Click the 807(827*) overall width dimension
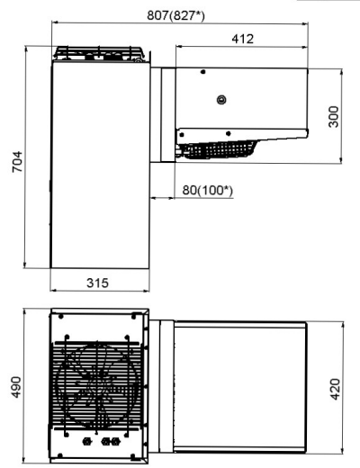click(x=175, y=15)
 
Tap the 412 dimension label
click(x=243, y=39)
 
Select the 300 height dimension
click(x=333, y=116)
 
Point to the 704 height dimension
click(x=17, y=162)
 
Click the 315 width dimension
click(x=97, y=283)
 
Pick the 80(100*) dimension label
click(x=207, y=190)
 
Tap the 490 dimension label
click(x=16, y=387)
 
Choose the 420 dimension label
click(x=335, y=389)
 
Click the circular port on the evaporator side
click(x=221, y=99)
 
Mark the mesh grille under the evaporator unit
click(x=218, y=148)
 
